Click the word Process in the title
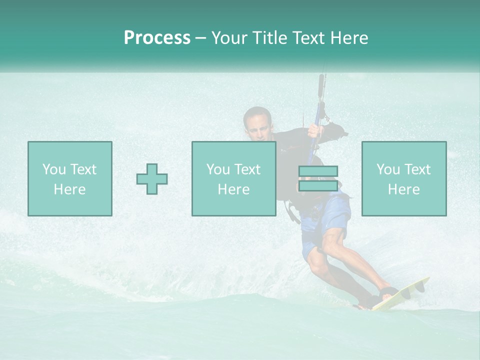pos(157,38)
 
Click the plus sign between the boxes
pos(152,179)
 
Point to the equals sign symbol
pos(318,178)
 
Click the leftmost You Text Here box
pos(70,178)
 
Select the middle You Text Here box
pos(233,178)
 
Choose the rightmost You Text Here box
pos(404,178)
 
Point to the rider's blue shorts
pos(325,220)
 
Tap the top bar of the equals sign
pos(318,171)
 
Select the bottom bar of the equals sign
pos(318,186)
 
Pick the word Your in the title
pos(228,38)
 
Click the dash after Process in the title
pos(200,38)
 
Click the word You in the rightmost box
pos(387,169)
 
